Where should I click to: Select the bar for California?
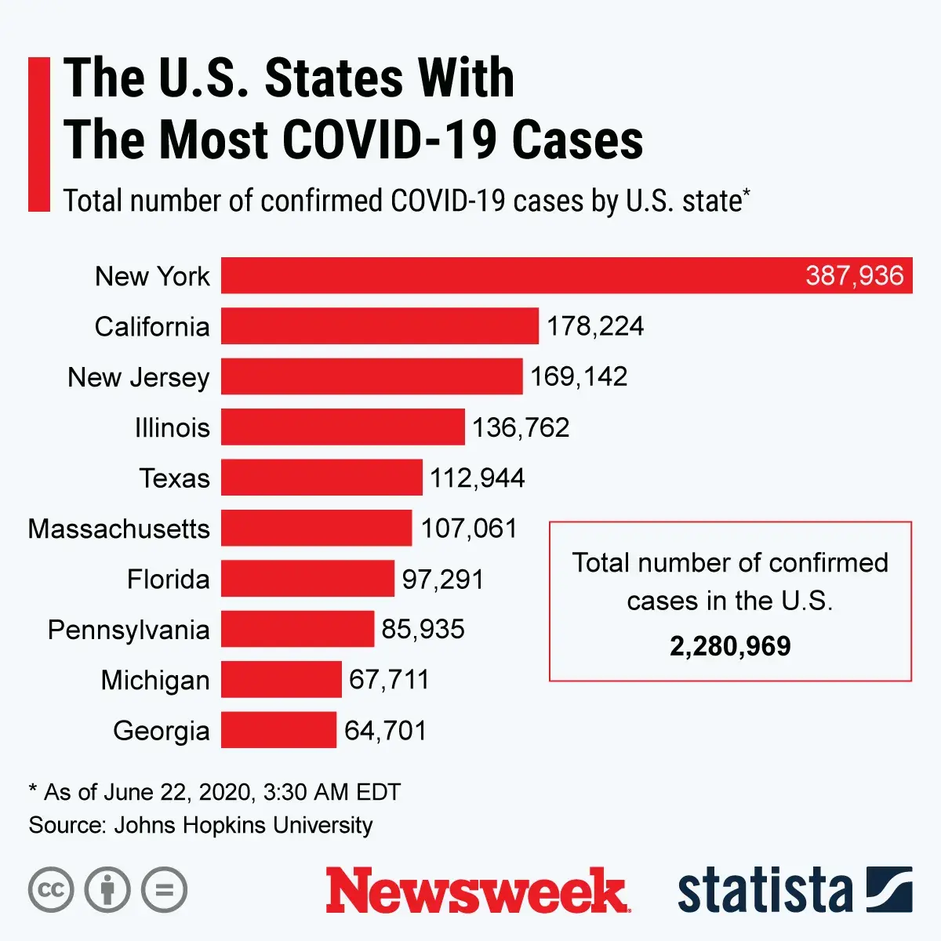click(380, 325)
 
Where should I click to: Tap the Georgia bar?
click(278, 729)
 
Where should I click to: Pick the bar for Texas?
click(322, 477)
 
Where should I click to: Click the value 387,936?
click(854, 275)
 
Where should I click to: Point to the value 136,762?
click(521, 427)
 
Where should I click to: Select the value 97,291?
click(443, 579)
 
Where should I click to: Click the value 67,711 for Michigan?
click(389, 679)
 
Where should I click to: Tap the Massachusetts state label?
click(119, 529)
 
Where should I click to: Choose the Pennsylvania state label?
click(129, 630)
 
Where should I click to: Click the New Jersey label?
click(139, 377)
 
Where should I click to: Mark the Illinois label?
click(173, 428)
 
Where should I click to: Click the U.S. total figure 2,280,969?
click(730, 646)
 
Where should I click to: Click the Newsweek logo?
click(477, 891)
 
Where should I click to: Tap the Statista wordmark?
click(765, 891)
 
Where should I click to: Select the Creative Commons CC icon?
click(51, 890)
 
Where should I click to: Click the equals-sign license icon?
click(164, 890)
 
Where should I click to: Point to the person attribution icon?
click(107, 890)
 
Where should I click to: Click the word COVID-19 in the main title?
click(389, 140)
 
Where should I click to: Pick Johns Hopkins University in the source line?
click(243, 825)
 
